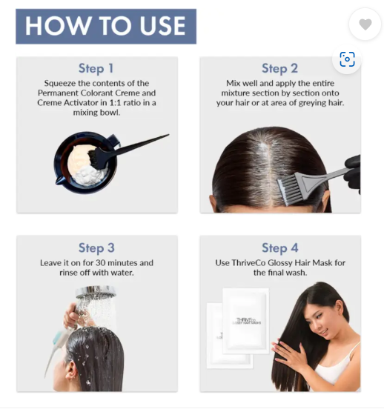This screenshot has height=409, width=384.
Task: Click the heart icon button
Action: pos(365,24)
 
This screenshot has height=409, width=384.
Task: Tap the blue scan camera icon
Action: pos(347,59)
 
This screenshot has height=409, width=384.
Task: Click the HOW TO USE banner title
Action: pos(106,26)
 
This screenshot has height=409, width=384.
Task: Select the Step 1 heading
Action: pos(96,69)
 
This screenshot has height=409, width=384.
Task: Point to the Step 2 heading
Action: pos(279,69)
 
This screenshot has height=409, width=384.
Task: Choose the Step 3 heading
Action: pos(96,248)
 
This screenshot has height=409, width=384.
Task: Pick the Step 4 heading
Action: pos(280,248)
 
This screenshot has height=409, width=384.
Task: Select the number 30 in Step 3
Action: pos(101,263)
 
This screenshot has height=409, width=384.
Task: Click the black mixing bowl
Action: pos(86,162)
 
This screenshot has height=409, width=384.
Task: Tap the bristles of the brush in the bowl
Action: pos(96,159)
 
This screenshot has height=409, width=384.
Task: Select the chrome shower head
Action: pos(96,292)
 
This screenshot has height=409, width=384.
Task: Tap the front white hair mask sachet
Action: pos(245,321)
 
